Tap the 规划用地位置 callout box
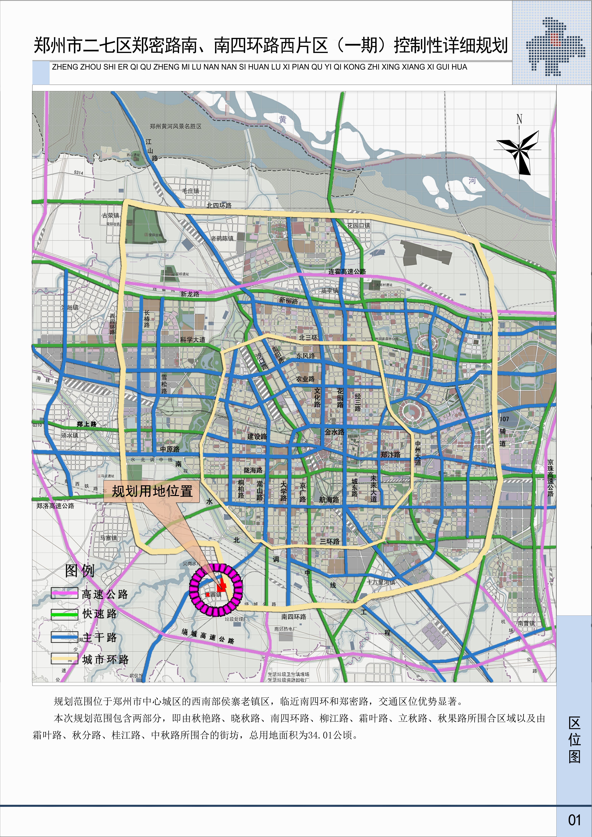(152, 491)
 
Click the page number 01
(574, 820)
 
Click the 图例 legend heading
(80, 571)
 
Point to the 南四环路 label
(294, 617)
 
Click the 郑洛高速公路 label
(56, 506)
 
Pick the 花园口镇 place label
(359, 226)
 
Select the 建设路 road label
(257, 436)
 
